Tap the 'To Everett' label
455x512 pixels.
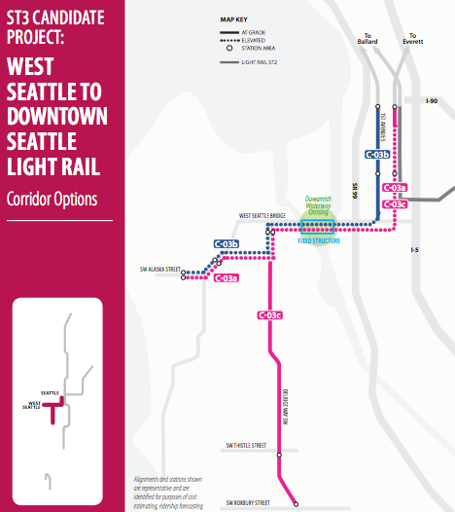pyautogui.click(x=412, y=39)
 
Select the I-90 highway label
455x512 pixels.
pyautogui.click(x=433, y=100)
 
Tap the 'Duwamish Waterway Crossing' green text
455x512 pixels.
pyautogui.click(x=318, y=204)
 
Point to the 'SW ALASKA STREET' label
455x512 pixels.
pyautogui.click(x=160, y=269)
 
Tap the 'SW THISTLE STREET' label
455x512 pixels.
pyautogui.click(x=246, y=445)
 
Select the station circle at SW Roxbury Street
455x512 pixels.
pyautogui.click(x=296, y=503)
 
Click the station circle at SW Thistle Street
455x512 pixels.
pyautogui.click(x=280, y=454)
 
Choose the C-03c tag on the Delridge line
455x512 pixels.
pyautogui.click(x=269, y=314)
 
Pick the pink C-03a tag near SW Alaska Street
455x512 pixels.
pyautogui.click(x=226, y=278)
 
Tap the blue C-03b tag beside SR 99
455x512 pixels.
pyautogui.click(x=376, y=154)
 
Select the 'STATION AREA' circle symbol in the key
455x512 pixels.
pyautogui.click(x=229, y=48)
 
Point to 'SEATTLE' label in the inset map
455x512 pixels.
pyautogui.click(x=51, y=392)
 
